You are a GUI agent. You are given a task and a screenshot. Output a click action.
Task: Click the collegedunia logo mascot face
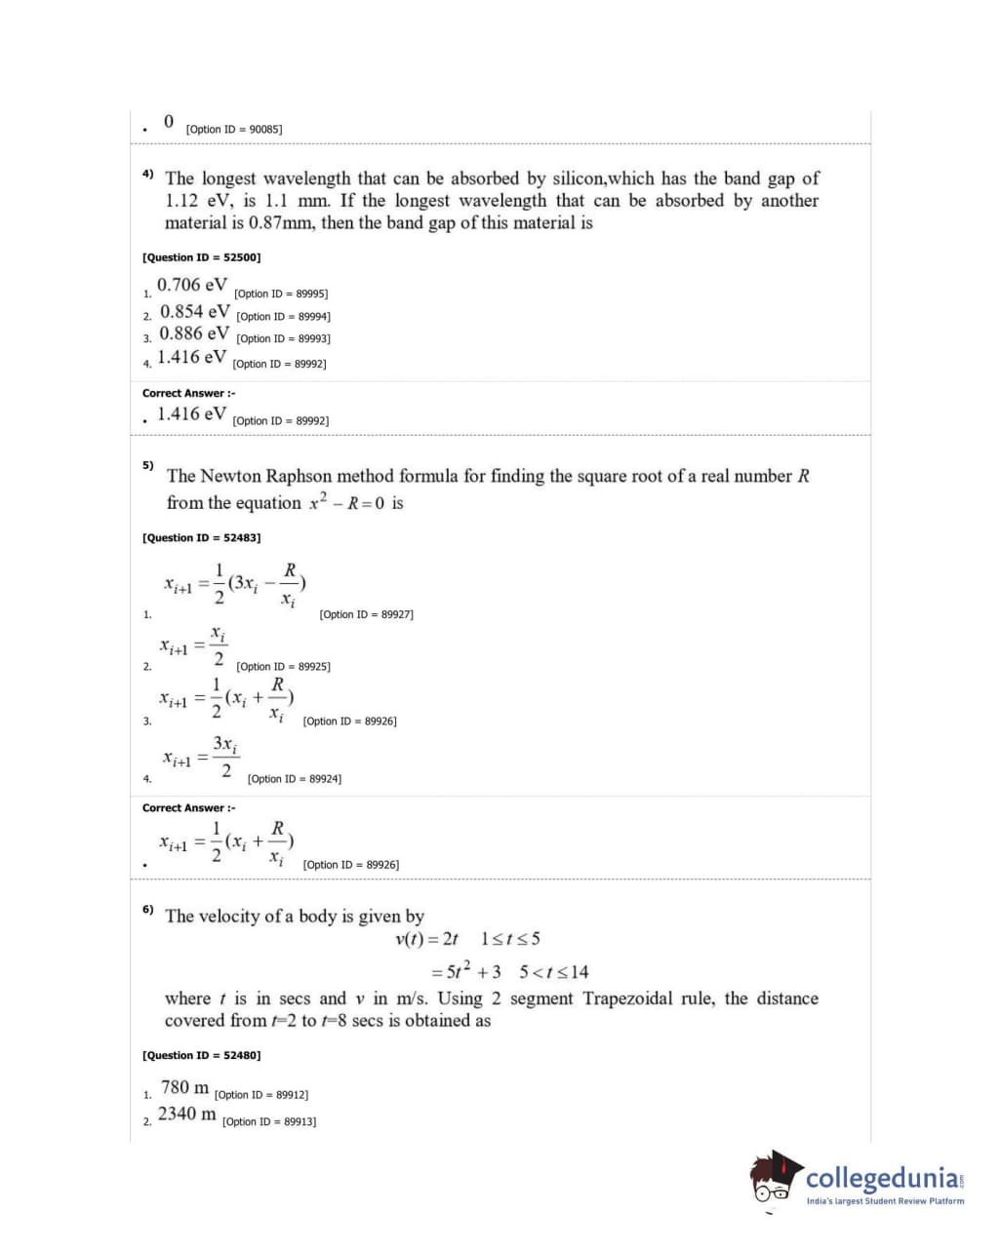tap(775, 1178)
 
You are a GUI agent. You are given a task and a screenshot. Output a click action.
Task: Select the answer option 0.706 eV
tap(192, 285)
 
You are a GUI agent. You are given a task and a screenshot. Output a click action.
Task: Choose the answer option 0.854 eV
tap(195, 312)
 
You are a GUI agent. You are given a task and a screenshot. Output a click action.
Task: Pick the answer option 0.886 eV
tap(195, 333)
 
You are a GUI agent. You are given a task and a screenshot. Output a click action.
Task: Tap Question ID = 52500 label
tap(201, 257)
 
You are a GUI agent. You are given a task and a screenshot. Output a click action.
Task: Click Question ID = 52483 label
tap(201, 537)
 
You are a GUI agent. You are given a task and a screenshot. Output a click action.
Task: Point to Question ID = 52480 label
tap(201, 1055)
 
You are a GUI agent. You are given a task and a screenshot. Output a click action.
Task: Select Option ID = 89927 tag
tap(366, 614)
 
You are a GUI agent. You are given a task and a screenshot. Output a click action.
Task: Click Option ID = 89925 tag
tap(283, 667)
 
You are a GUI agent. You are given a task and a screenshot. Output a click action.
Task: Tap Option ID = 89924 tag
tap(294, 779)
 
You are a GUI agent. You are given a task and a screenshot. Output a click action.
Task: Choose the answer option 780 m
tap(184, 1087)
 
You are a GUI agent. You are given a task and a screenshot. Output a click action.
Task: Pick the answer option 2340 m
tap(187, 1114)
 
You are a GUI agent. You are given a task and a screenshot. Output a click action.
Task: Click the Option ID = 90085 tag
tap(233, 129)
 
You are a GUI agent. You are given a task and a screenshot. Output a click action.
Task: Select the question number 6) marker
tap(147, 909)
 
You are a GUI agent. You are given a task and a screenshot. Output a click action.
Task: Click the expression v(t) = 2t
tap(426, 939)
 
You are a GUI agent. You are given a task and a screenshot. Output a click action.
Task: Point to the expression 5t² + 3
tap(473, 971)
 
